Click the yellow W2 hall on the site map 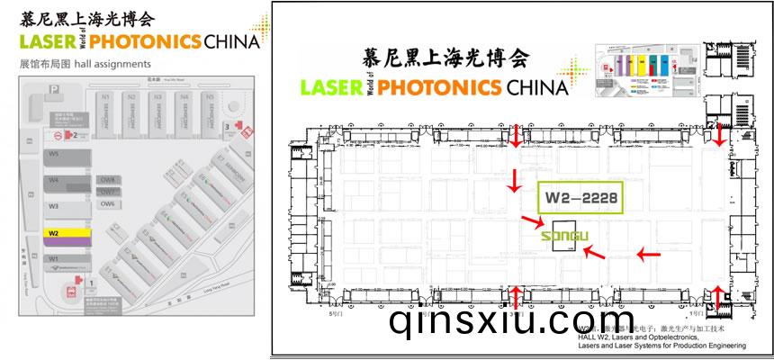67,233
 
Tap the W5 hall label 54,155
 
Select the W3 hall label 54,206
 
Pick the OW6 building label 107,203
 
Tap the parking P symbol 55,88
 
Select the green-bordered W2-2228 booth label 580,197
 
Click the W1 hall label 54,259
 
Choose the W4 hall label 54,180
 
